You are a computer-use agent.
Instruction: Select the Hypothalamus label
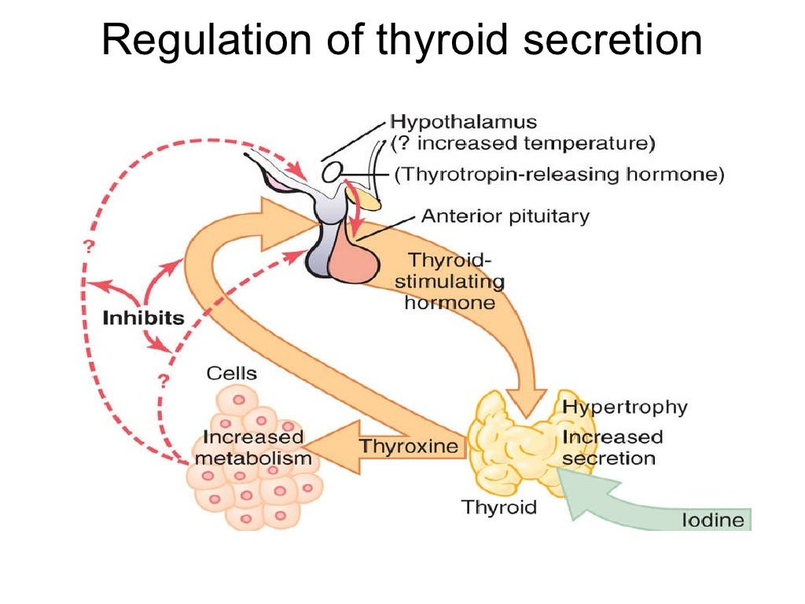464,123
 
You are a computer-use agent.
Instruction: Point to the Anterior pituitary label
505,215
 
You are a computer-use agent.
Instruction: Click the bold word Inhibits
143,319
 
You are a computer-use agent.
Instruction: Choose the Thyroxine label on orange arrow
408,447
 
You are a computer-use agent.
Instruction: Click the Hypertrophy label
624,407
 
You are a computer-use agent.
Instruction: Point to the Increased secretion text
612,447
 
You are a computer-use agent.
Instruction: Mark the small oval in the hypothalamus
333,171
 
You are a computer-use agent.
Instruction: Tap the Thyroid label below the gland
498,506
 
